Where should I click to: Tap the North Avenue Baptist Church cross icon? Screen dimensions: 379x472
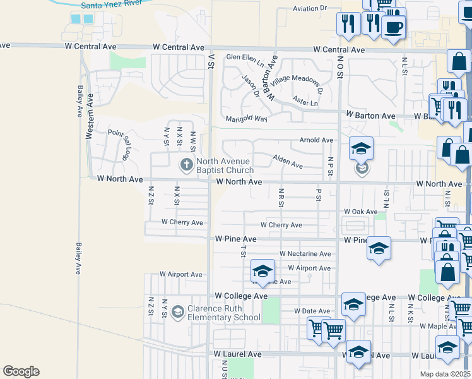click(x=186, y=165)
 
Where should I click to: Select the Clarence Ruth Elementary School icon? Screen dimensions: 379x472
click(x=178, y=312)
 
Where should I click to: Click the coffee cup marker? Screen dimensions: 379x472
click(x=393, y=27)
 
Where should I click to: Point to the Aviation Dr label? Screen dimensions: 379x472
click(x=309, y=9)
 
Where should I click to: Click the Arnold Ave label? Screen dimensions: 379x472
click(x=316, y=140)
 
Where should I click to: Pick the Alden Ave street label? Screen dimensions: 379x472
click(x=287, y=162)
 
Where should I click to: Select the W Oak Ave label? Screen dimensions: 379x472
click(x=360, y=212)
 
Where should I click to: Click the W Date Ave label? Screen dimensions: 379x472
click(x=312, y=311)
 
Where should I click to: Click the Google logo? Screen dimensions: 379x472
click(x=21, y=371)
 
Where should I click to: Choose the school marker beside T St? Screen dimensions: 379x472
click(x=262, y=272)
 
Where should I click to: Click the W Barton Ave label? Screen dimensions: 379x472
click(x=370, y=116)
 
